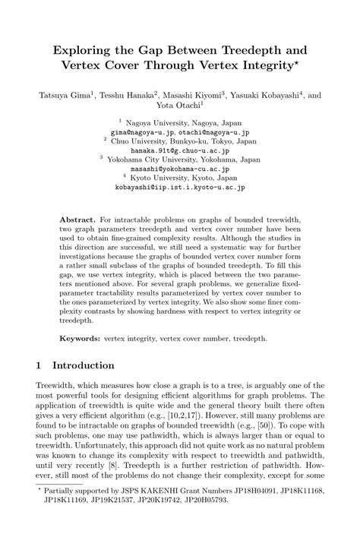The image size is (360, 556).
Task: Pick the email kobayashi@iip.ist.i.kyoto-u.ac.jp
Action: click(180, 187)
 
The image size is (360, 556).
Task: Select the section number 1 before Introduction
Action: click(39, 365)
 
